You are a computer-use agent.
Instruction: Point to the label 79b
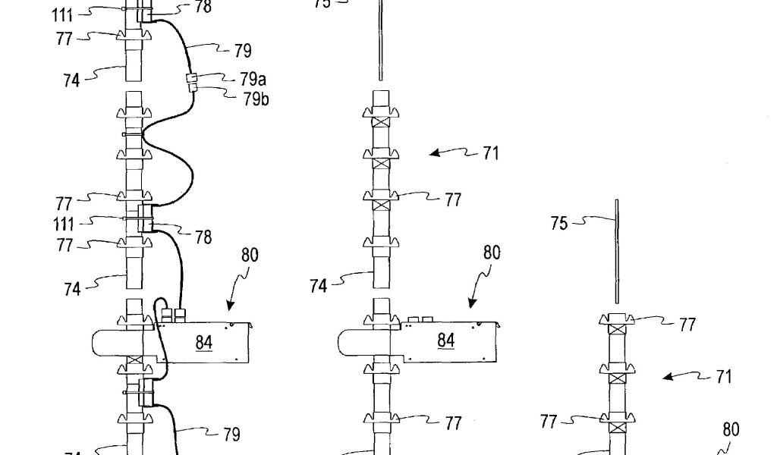point(255,99)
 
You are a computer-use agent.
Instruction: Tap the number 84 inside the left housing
point(203,344)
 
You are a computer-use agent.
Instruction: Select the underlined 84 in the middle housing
point(445,341)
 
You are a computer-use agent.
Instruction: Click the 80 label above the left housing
point(250,256)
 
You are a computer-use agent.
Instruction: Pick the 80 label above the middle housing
point(492,253)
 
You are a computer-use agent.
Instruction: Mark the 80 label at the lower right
point(730,430)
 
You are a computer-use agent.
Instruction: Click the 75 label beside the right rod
point(558,224)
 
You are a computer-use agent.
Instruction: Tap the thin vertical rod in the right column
point(617,250)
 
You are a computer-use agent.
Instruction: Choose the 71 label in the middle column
point(490,153)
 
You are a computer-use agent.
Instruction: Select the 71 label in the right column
point(723,376)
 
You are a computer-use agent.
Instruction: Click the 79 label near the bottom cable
point(231,435)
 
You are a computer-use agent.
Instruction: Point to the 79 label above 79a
point(242,51)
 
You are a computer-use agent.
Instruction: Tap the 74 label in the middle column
point(318,286)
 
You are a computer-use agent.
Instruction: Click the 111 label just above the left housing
point(64,224)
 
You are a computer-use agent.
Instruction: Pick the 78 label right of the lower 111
point(203,238)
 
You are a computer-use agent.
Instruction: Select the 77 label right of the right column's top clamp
point(687,325)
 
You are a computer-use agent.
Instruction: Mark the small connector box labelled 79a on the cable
point(191,78)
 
